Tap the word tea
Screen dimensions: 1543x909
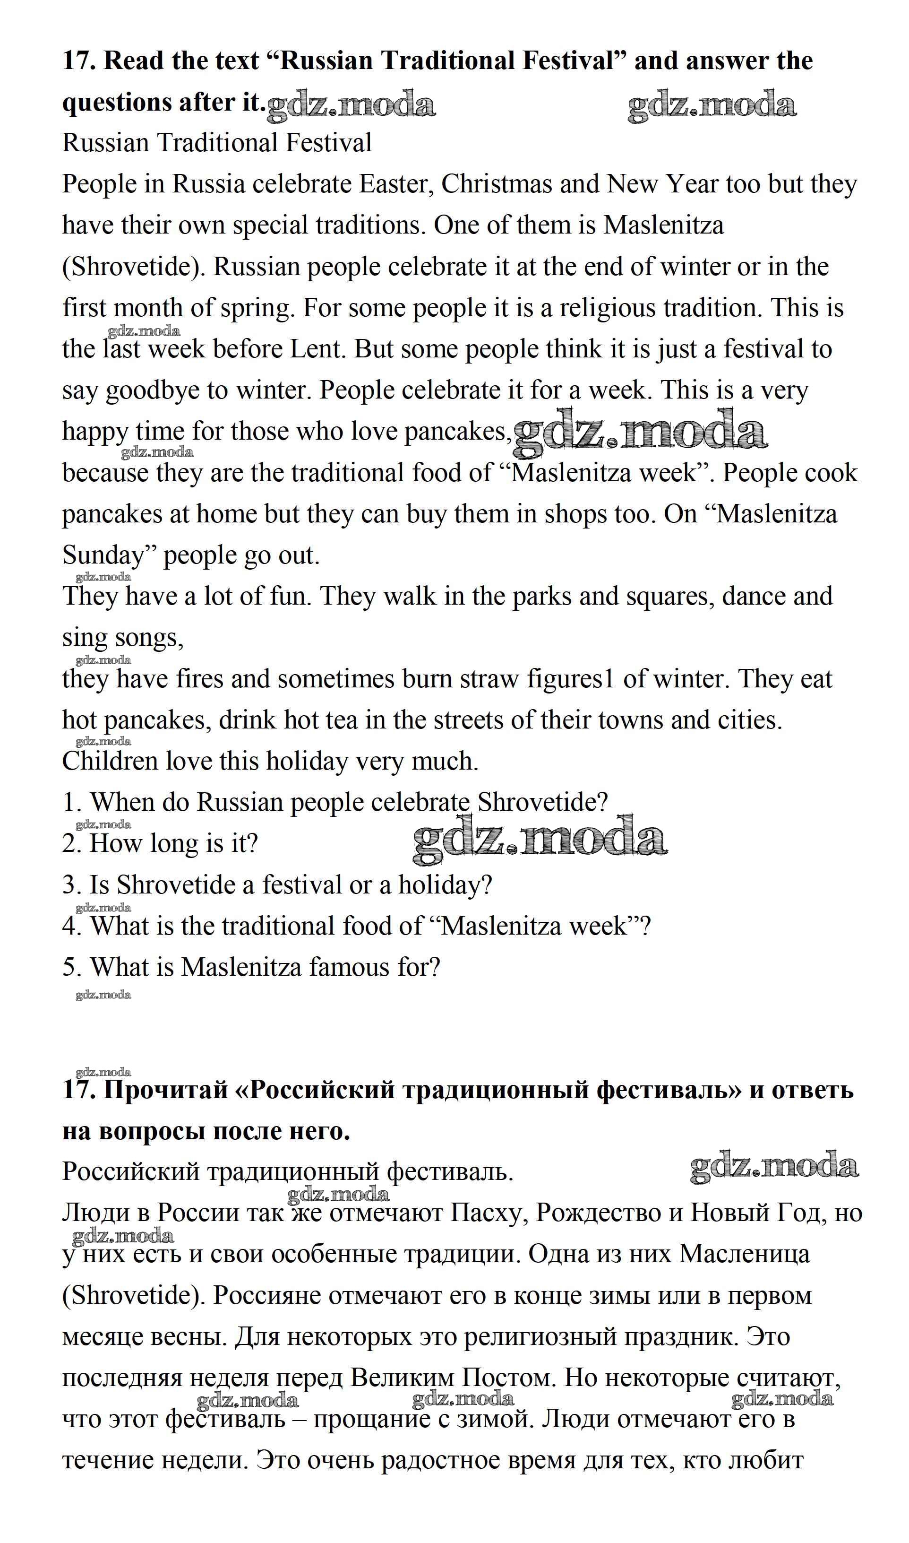point(343,720)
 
